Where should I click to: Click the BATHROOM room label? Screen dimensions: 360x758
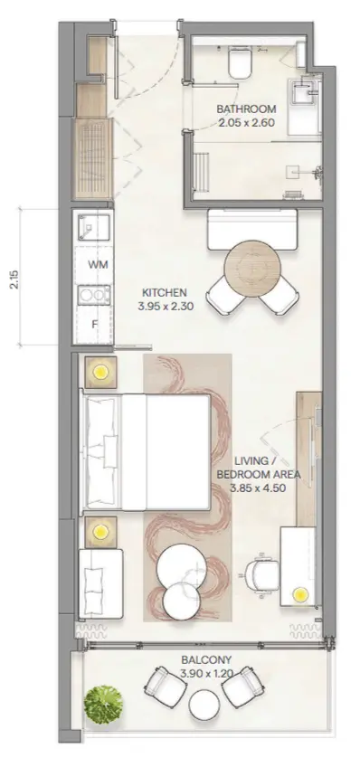tap(246, 109)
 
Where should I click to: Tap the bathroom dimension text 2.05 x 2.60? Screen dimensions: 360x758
tap(246, 123)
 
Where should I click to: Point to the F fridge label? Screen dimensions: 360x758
tap(95, 324)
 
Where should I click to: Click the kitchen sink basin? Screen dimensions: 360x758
tap(93, 227)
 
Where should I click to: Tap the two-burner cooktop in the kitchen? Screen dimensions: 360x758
tap(94, 294)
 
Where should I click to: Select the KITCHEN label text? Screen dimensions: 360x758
tap(165, 292)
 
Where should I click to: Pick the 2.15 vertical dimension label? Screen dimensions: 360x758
tap(14, 280)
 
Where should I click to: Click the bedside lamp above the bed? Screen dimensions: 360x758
tap(101, 372)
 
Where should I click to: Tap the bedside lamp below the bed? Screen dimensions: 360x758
tap(100, 532)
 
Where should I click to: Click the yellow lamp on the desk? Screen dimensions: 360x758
tap(301, 594)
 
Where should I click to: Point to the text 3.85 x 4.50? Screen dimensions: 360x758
tap(258, 488)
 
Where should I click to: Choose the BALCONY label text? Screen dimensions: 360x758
tap(206, 659)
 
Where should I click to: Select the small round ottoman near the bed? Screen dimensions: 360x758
tap(181, 601)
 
